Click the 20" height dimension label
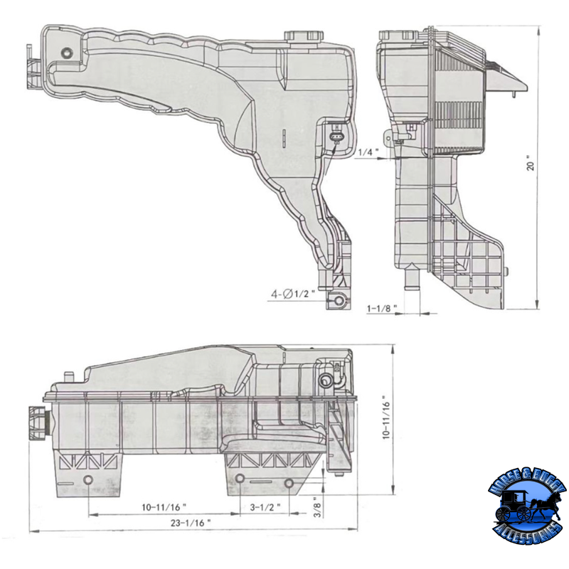[549, 166]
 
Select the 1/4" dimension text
[368, 152]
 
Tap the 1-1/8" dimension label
[382, 309]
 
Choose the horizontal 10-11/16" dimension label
[164, 507]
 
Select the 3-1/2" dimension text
[265, 507]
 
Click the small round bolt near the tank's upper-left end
[66, 52]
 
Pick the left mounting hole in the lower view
[88, 481]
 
